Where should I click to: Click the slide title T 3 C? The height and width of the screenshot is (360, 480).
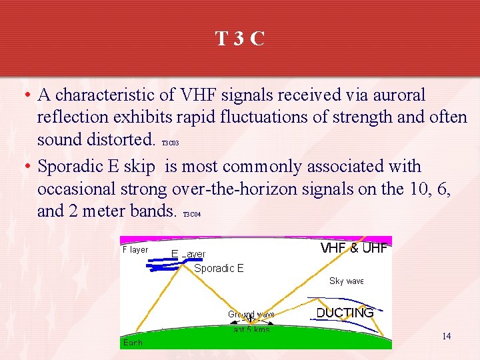pos(240,39)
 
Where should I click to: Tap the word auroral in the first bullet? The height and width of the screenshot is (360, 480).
pos(393,95)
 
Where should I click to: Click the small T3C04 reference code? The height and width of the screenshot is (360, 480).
pos(191,214)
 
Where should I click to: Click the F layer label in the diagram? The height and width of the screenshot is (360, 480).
pos(135,250)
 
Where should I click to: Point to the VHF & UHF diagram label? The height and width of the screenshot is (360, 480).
pos(353,248)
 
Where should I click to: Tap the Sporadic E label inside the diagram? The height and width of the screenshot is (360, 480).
pos(219,269)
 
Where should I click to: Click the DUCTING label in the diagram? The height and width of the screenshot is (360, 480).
pos(345,313)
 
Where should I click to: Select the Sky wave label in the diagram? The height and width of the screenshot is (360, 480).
pos(347,281)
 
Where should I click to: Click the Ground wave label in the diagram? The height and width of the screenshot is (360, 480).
pos(251,314)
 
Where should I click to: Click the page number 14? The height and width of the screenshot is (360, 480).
pos(446,336)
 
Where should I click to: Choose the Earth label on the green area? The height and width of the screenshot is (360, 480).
pos(132,343)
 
